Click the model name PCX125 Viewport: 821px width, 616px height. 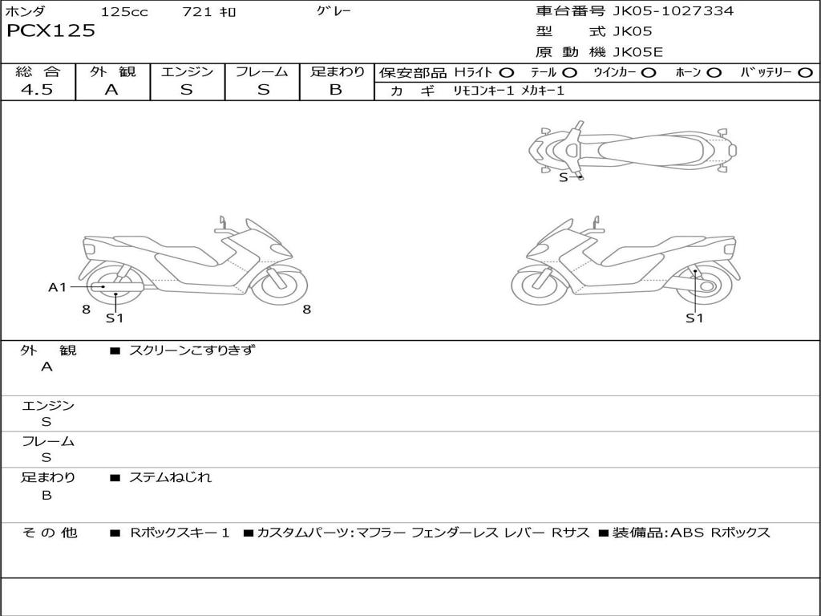point(51,30)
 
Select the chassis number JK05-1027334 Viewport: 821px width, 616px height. point(673,10)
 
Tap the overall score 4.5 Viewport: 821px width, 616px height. point(37,89)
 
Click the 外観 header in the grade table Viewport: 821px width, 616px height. point(112,71)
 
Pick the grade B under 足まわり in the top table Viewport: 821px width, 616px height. point(336,90)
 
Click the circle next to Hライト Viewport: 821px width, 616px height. point(507,73)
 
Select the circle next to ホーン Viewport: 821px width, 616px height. point(714,73)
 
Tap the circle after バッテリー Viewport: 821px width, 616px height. point(805,73)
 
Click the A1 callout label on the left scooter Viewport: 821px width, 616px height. point(58,287)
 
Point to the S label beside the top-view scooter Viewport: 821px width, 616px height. point(564,177)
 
